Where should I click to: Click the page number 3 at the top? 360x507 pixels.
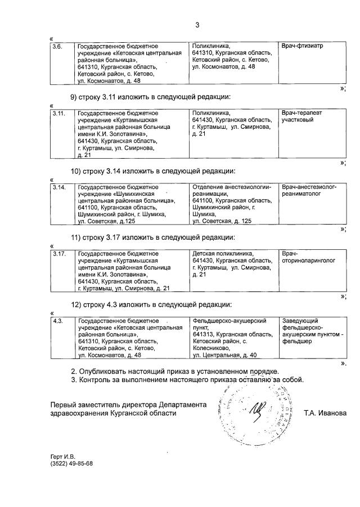tap(197, 24)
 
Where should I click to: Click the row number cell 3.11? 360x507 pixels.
tap(58, 113)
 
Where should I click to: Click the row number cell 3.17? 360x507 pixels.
tap(58, 254)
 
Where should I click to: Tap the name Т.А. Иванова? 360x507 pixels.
tap(325, 413)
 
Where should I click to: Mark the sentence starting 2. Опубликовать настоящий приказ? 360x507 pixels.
tap(174, 371)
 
